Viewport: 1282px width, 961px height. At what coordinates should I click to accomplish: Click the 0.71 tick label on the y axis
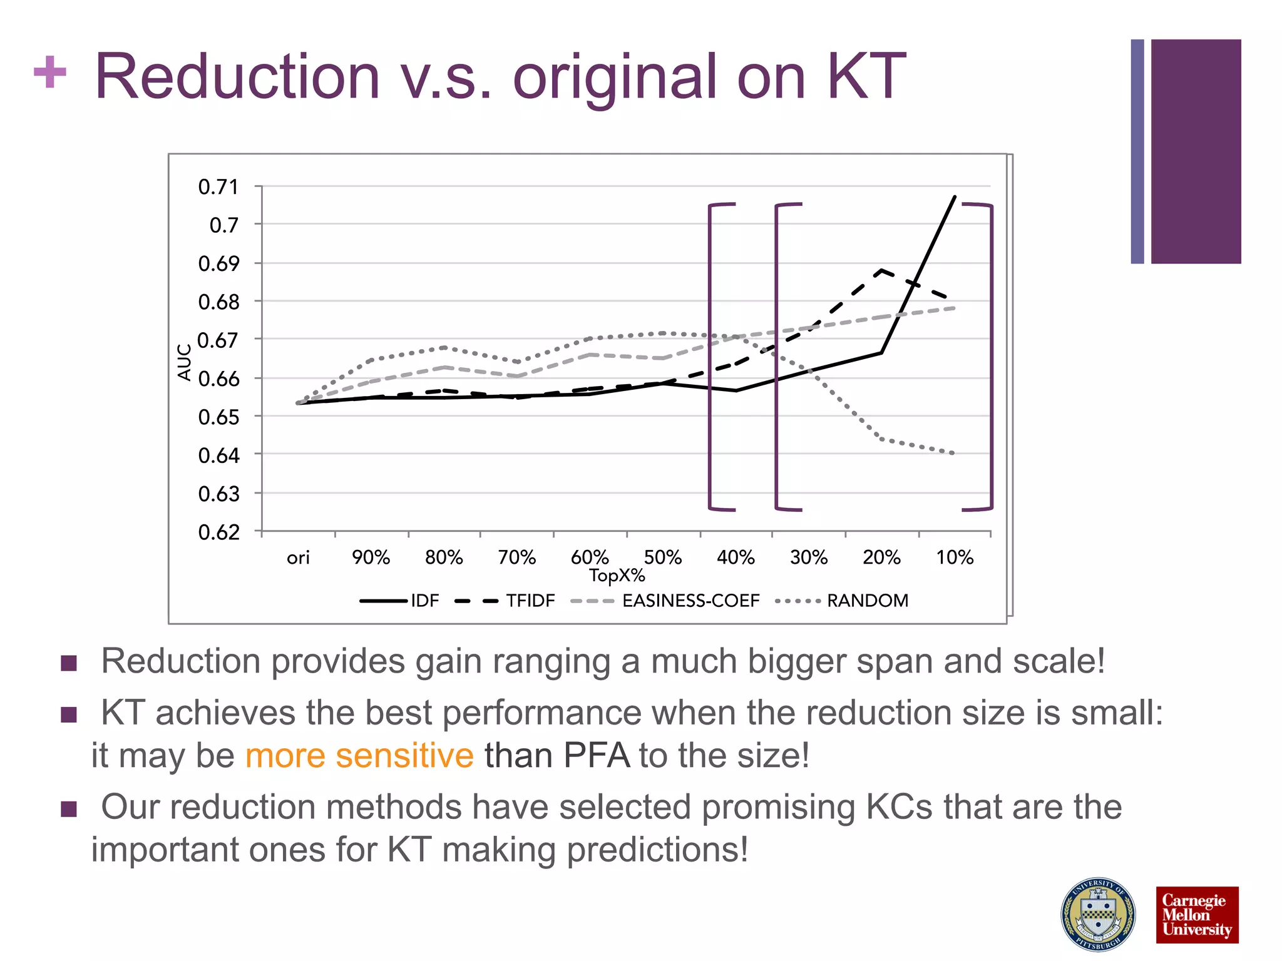click(x=218, y=186)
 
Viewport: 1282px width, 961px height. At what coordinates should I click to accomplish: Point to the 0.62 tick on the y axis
click(x=218, y=532)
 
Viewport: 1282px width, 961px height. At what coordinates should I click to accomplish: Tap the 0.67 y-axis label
click(x=218, y=340)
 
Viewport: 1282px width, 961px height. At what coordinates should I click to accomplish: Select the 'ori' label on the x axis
click(x=298, y=557)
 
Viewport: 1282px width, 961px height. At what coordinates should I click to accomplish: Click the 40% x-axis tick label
click(x=736, y=557)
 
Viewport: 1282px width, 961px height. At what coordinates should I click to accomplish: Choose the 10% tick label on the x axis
click(x=955, y=557)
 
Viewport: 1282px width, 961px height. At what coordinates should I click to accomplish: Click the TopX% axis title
click(x=617, y=576)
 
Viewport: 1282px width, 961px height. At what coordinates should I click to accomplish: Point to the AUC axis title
click(x=184, y=362)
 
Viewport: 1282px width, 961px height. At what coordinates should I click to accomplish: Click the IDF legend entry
click(x=424, y=601)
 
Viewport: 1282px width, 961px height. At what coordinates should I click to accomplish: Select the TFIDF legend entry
click(x=530, y=601)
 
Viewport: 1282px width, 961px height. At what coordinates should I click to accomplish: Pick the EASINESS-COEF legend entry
click(x=690, y=601)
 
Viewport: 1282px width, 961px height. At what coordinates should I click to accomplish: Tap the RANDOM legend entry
click(x=867, y=601)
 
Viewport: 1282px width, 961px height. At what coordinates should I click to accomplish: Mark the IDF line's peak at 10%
click(x=955, y=196)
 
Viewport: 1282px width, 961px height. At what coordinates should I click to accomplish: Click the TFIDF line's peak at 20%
click(x=881, y=270)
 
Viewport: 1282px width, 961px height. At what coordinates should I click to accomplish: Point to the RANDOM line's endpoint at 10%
click(x=953, y=453)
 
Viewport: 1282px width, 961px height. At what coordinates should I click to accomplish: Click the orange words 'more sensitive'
click(x=359, y=755)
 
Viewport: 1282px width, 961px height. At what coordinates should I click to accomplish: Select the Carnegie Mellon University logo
click(x=1196, y=914)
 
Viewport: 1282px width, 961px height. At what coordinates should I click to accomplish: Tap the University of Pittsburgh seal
click(x=1098, y=914)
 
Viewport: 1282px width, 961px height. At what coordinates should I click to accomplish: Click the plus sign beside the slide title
click(x=50, y=73)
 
